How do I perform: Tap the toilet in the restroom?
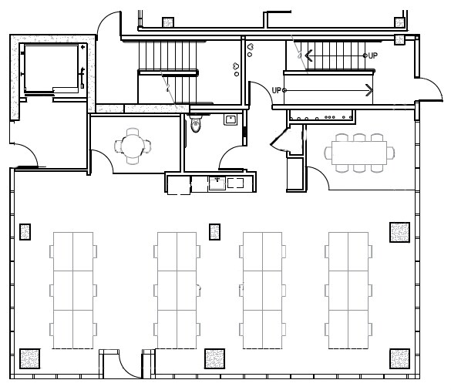(195, 123)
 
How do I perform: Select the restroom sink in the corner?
(230, 119)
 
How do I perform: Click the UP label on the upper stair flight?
(372, 55)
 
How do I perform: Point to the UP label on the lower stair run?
(276, 90)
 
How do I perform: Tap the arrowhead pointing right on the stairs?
(369, 90)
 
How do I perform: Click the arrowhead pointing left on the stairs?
(308, 55)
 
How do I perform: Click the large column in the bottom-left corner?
(29, 359)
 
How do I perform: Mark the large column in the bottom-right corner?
(399, 359)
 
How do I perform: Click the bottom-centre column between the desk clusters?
(215, 359)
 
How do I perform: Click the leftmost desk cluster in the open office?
(73, 289)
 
